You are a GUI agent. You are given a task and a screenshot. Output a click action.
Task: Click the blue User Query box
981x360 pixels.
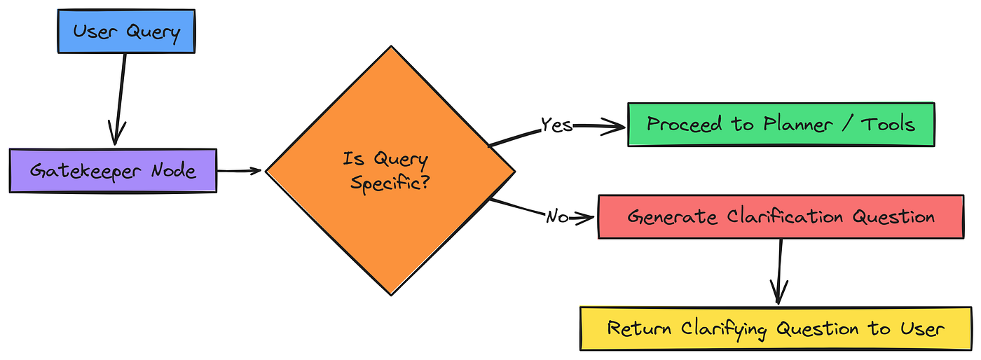pos(126,32)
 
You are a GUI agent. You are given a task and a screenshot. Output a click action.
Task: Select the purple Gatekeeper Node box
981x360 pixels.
pos(113,170)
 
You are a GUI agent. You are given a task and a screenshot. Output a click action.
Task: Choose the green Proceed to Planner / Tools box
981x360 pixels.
pos(781,125)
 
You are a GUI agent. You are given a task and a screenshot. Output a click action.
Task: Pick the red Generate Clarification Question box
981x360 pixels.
pos(781,216)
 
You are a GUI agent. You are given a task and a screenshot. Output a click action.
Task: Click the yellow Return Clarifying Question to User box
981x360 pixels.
pos(776,328)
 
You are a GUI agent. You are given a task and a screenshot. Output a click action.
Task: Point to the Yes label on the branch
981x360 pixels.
pos(557,125)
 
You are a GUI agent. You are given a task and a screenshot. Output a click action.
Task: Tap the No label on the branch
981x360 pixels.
pos(558,217)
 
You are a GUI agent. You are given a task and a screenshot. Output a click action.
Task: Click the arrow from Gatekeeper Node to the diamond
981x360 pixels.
pos(240,170)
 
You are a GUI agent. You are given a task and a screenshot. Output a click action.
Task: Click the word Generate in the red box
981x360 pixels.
pos(663,216)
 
